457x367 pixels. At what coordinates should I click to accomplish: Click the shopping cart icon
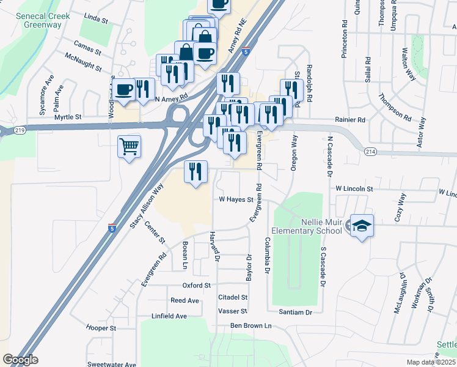coord(129,147)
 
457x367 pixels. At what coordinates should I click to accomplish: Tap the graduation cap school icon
coord(361,226)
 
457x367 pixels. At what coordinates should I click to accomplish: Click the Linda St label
coord(97,21)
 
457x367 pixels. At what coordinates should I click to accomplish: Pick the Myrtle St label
coord(68,117)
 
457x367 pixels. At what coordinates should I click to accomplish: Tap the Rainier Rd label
coord(349,120)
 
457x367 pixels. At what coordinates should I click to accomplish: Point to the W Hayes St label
coord(236,199)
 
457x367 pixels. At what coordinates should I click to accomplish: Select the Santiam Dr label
coord(296,312)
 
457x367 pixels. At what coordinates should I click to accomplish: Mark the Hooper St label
coord(101,328)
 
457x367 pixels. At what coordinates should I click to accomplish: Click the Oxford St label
coord(196,285)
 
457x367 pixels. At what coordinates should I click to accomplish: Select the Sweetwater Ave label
coord(111,364)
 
